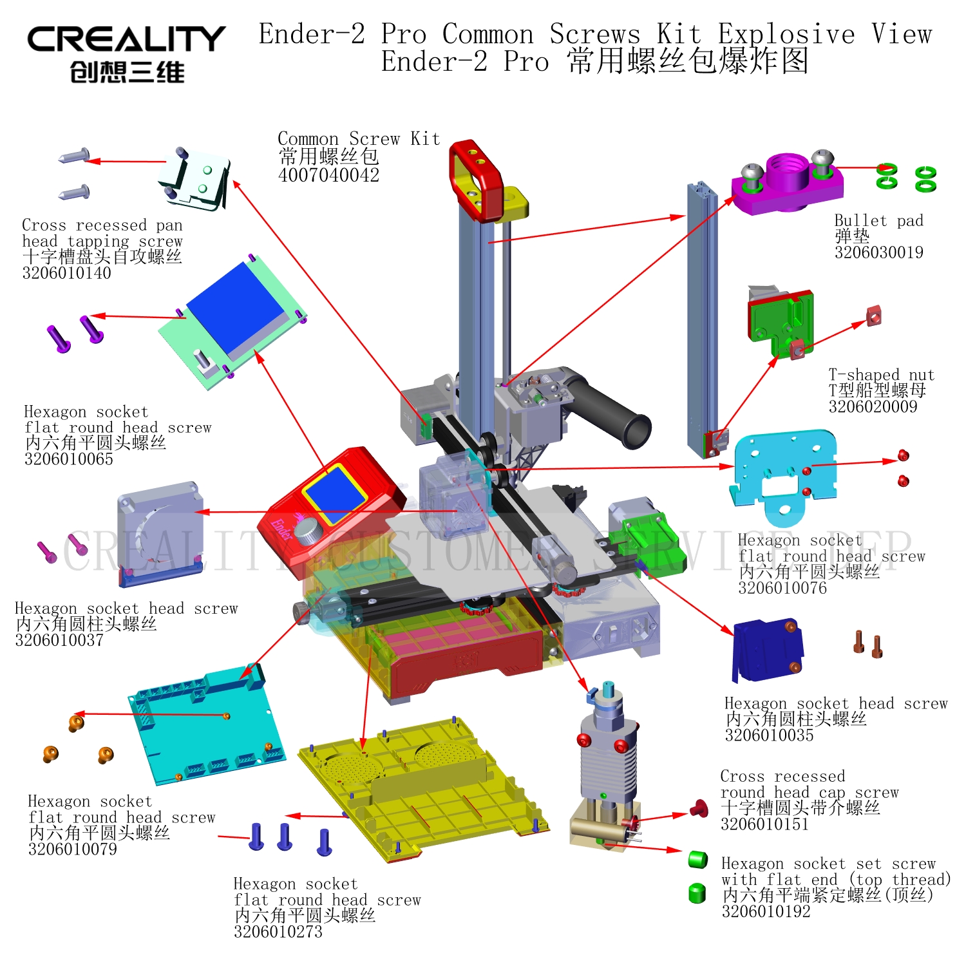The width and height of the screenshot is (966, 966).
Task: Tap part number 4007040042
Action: click(x=328, y=175)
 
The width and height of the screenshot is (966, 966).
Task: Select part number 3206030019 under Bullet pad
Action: click(x=878, y=252)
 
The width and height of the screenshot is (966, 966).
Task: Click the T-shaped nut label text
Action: click(x=881, y=374)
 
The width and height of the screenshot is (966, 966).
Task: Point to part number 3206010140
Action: click(x=66, y=273)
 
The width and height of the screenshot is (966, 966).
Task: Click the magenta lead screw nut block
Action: click(x=788, y=183)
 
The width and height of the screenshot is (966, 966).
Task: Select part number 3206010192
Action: click(x=766, y=911)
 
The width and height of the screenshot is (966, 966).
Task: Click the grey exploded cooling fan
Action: click(x=160, y=534)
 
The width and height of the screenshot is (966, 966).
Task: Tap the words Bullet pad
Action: click(x=879, y=221)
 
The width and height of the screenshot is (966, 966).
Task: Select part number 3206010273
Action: click(x=278, y=932)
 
